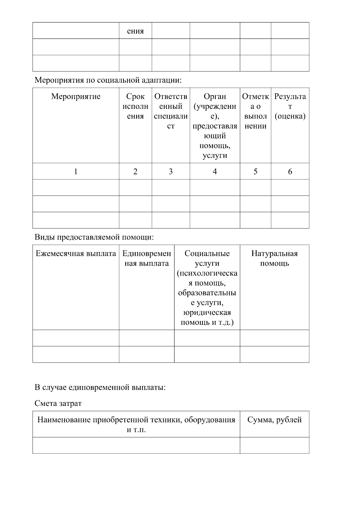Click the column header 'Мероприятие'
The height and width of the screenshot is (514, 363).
76,97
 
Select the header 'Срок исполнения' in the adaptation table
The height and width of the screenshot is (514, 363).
135,106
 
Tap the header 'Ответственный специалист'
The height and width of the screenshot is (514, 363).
171,111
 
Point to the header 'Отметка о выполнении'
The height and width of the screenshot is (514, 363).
255,111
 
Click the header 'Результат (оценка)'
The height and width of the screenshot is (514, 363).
290,106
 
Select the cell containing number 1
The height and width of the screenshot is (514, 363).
76,172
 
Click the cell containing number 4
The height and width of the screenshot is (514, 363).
215,172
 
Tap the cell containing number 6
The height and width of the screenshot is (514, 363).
290,172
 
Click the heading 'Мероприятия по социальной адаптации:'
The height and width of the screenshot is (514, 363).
108,80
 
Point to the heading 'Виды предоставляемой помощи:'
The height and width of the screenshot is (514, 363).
94,237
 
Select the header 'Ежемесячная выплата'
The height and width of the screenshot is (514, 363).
76,254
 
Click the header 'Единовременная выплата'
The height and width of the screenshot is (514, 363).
146,258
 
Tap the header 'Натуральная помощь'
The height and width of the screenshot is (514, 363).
274,258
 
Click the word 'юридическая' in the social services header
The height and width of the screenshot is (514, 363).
207,313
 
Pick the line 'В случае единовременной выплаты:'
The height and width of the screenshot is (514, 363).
100,387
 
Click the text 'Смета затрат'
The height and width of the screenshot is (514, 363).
58,403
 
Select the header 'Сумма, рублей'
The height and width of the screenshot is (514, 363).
274,420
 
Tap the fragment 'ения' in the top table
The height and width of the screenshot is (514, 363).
135,31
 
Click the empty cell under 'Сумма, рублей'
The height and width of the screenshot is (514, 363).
274,445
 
